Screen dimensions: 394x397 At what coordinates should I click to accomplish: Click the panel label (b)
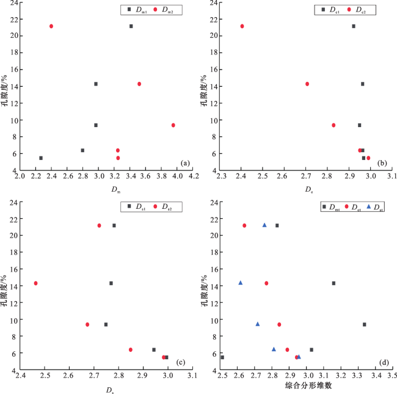[x=383, y=162]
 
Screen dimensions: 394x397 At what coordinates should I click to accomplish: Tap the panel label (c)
[x=180, y=362]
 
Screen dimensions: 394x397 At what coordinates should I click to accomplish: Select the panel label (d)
[x=383, y=362]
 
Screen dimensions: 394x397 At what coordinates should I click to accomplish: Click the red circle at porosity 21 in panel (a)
[x=51, y=26]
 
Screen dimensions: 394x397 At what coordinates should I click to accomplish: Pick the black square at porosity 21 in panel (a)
[x=131, y=26]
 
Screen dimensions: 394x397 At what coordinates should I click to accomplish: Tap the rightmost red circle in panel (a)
[x=173, y=125]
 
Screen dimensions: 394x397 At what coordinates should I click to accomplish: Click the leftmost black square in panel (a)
[x=41, y=158]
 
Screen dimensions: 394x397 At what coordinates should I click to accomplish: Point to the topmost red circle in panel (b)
[x=242, y=26]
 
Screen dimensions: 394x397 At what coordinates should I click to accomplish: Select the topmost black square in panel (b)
[x=353, y=26]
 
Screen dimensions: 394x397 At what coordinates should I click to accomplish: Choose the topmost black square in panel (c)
[x=114, y=225]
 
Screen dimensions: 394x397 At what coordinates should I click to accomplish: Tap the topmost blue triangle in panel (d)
[x=264, y=225]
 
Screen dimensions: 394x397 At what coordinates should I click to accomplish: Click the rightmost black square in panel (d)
[x=365, y=324]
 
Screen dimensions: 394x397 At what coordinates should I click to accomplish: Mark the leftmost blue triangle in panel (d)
[x=241, y=283]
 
